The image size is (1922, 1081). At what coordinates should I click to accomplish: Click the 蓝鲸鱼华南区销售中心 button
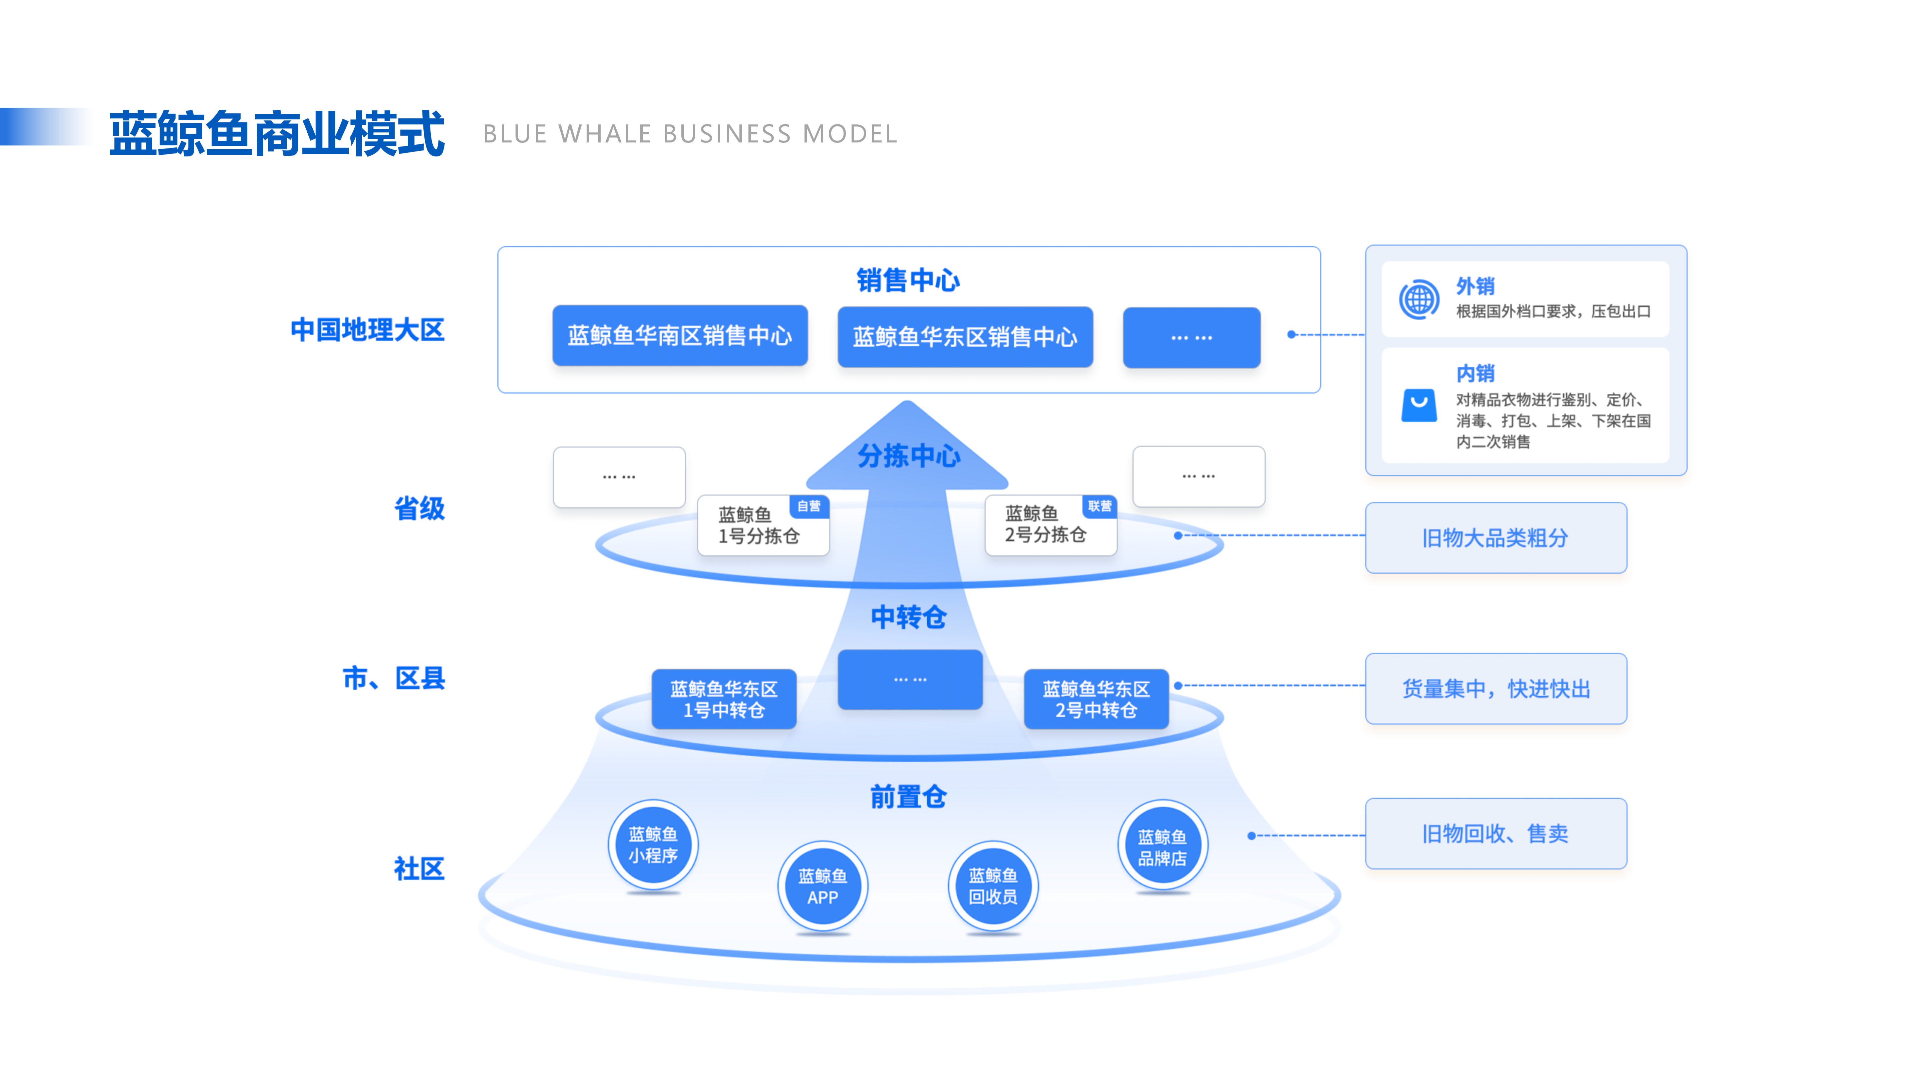tap(680, 336)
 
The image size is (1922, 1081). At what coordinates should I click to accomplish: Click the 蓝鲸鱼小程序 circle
tap(653, 844)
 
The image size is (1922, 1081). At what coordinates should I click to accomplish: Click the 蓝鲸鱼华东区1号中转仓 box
tap(724, 699)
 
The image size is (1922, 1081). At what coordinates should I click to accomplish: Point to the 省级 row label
tap(419, 509)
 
